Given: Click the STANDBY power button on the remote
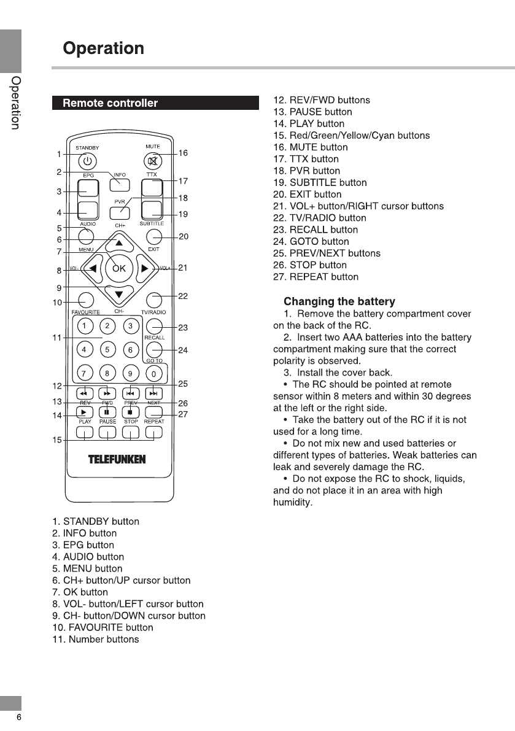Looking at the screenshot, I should pyautogui.click(x=87, y=161).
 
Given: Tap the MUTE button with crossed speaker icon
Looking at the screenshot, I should pyautogui.click(x=152, y=161).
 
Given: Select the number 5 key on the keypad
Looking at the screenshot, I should pyautogui.click(x=107, y=350).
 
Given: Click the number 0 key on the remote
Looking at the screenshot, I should pyautogui.click(x=156, y=373).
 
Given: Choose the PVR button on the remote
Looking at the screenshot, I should pyautogui.click(x=120, y=212).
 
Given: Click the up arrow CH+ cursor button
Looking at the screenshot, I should pyautogui.click(x=120, y=244).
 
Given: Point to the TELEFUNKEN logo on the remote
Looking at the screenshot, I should pyautogui.click(x=117, y=460).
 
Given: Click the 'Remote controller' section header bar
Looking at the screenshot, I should pyautogui.click(x=155, y=103).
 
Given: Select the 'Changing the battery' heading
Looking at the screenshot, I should pyautogui.click(x=339, y=301).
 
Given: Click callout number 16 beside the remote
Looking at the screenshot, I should pyautogui.click(x=183, y=153).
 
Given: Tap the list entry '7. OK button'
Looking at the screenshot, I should pyautogui.click(x=80, y=592).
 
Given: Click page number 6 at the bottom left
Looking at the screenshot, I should pyautogui.click(x=19, y=717).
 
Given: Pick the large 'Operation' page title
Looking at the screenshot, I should pyautogui.click(x=104, y=48).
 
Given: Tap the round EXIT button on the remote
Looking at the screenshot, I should pyautogui.click(x=155, y=236).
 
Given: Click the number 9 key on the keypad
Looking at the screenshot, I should pyautogui.click(x=130, y=373).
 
